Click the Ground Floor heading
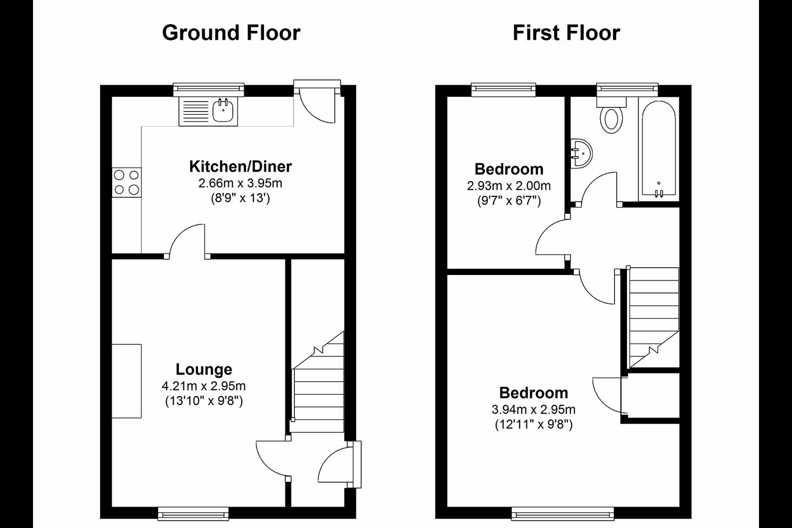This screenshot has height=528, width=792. pyautogui.click(x=231, y=33)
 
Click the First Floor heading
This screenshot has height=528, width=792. pyautogui.click(x=566, y=33)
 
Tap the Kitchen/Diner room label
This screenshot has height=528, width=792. pyautogui.click(x=240, y=167)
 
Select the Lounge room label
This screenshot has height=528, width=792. pyautogui.click(x=204, y=369)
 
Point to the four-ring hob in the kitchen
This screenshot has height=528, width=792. pyautogui.click(x=127, y=183)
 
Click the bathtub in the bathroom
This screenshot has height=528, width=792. pyautogui.click(x=659, y=148)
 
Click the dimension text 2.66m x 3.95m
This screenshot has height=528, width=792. pyautogui.click(x=240, y=183)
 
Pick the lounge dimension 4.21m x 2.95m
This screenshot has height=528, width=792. pyautogui.click(x=204, y=386)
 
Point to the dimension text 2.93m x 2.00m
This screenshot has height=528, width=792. pyautogui.click(x=509, y=186)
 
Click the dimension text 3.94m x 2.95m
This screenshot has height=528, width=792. pyautogui.click(x=533, y=410)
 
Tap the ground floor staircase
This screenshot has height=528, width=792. pyautogui.click(x=318, y=382)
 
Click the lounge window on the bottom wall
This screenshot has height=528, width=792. pyautogui.click(x=193, y=514)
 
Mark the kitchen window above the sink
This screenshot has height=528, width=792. pyautogui.click(x=208, y=90)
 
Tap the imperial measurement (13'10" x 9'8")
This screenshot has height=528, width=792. pyautogui.click(x=204, y=402)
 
